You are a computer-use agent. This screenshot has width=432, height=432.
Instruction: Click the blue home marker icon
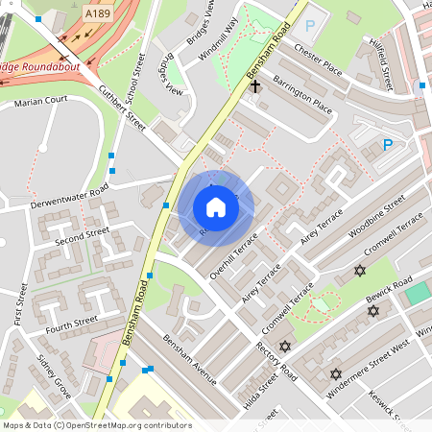[216, 207]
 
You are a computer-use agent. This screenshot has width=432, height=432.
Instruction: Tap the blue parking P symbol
[388, 145]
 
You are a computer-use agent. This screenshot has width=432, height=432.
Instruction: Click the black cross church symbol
[255, 86]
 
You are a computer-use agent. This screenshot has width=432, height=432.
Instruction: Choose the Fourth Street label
[73, 322]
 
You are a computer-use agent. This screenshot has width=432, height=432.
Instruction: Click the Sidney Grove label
[55, 375]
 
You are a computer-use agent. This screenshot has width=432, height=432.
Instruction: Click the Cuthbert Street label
[122, 108]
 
